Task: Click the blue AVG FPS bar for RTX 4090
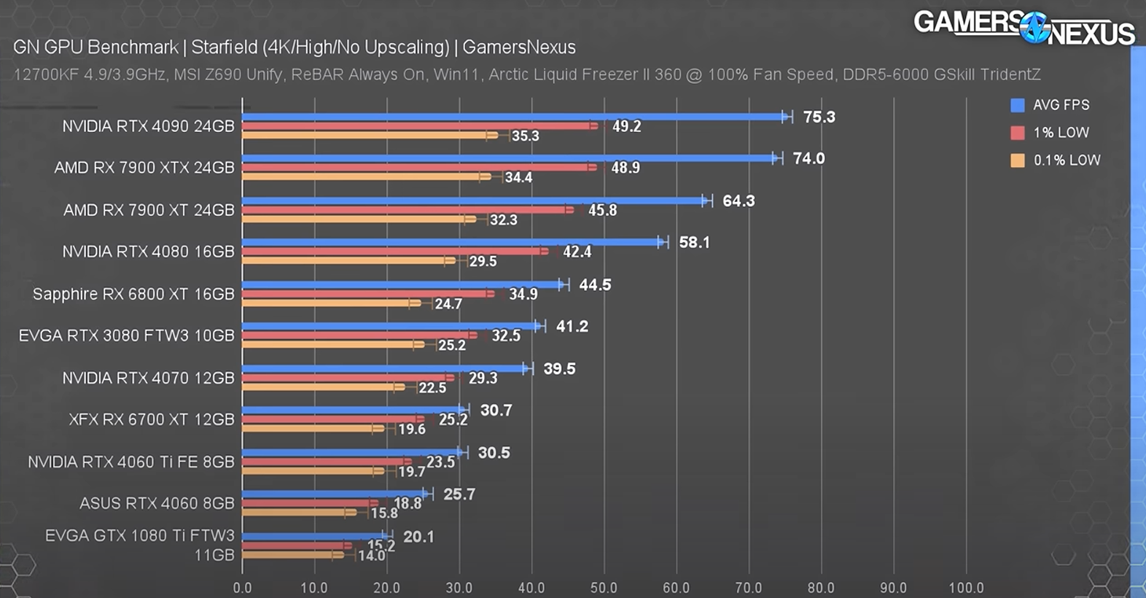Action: (510, 117)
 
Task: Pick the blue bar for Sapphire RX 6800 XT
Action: (401, 285)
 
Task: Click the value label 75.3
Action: (819, 117)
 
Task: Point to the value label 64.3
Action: (738, 201)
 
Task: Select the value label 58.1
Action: (694, 243)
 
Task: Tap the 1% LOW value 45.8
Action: (602, 211)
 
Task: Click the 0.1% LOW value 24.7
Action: (448, 304)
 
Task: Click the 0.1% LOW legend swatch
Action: (1018, 160)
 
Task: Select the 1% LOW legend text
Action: (1061, 133)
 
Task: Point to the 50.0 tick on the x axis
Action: (604, 588)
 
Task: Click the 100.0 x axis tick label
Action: (966, 588)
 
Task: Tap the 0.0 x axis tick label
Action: (242, 588)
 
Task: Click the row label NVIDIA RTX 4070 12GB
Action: (148, 378)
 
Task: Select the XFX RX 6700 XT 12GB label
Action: (152, 419)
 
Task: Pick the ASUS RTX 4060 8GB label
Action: (157, 503)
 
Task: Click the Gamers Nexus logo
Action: (1024, 28)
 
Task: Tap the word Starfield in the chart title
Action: (224, 47)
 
